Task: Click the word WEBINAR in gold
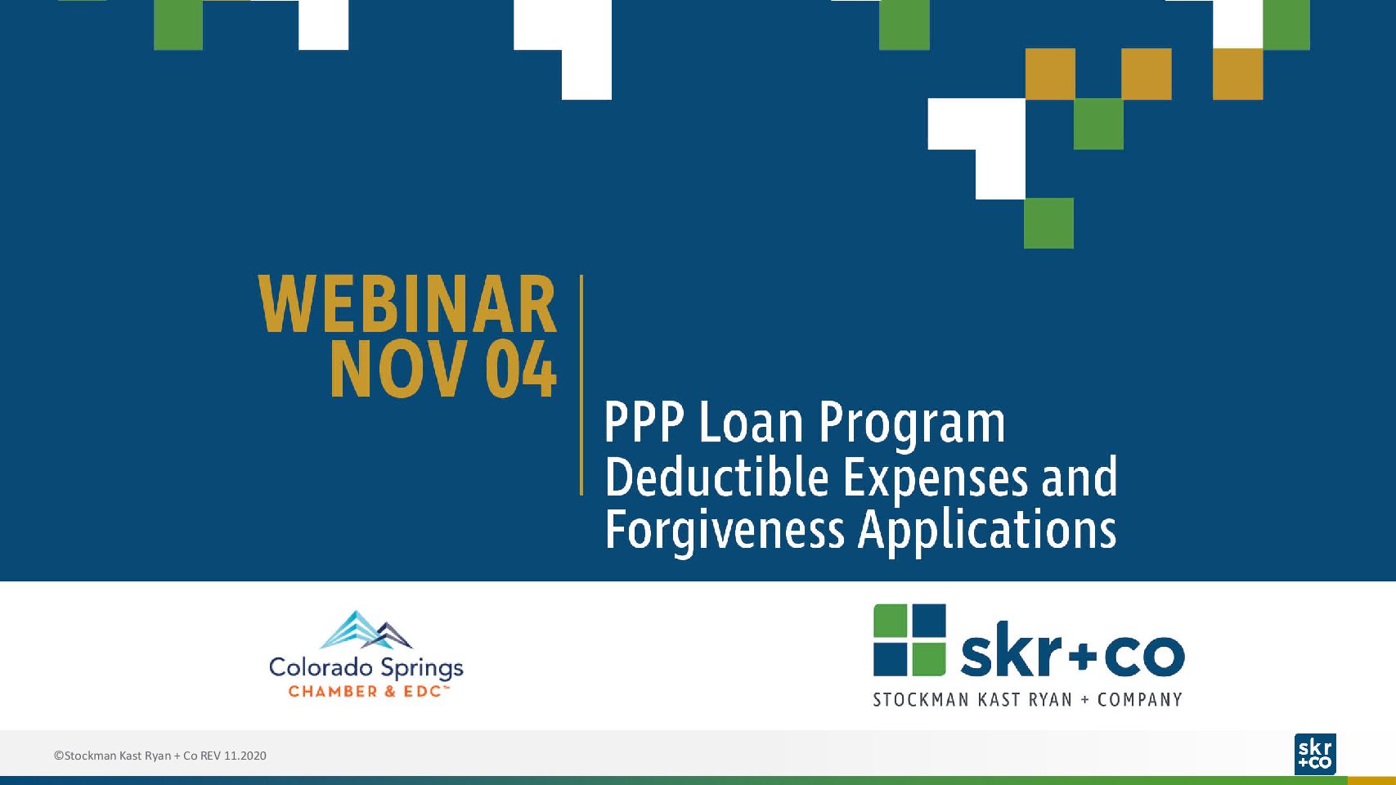coord(407,304)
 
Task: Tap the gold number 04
coord(521,369)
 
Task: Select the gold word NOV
coord(398,369)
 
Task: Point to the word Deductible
coord(716,477)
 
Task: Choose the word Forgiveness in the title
coord(725,531)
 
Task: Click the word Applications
coord(987,531)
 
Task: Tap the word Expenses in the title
coord(936,478)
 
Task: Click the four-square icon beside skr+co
coord(909,639)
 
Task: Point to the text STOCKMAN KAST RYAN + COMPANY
coord(1027,700)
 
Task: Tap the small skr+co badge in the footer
coord(1315,754)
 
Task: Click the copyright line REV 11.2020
coord(160,756)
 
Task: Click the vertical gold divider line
coord(581,385)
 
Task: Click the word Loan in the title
coord(751,423)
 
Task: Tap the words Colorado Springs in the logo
coord(366,668)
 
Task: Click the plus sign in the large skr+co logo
coord(1085,656)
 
